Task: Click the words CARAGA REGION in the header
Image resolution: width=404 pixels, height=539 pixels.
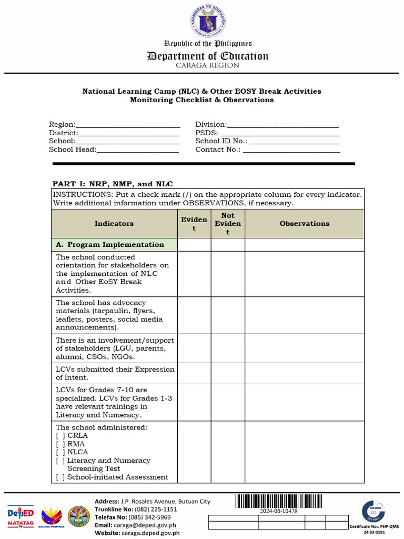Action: (x=207, y=66)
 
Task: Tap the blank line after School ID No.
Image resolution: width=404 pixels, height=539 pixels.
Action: (x=294, y=141)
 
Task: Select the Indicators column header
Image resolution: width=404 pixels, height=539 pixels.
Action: (x=114, y=224)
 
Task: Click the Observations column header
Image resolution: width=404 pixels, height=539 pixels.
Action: (x=305, y=224)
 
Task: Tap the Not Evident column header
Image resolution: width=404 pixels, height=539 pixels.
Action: (x=228, y=224)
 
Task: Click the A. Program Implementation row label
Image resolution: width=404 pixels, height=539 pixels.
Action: (x=110, y=245)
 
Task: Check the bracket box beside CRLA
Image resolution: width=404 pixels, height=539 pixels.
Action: (x=60, y=436)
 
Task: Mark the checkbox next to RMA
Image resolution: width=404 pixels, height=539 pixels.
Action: (x=60, y=444)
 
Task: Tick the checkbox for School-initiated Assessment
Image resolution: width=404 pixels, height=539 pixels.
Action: (x=60, y=477)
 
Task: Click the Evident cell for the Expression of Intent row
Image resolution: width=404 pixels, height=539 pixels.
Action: (x=194, y=373)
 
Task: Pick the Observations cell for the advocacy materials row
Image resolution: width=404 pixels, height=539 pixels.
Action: (x=305, y=315)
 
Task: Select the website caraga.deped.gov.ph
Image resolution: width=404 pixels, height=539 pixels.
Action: (x=151, y=533)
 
